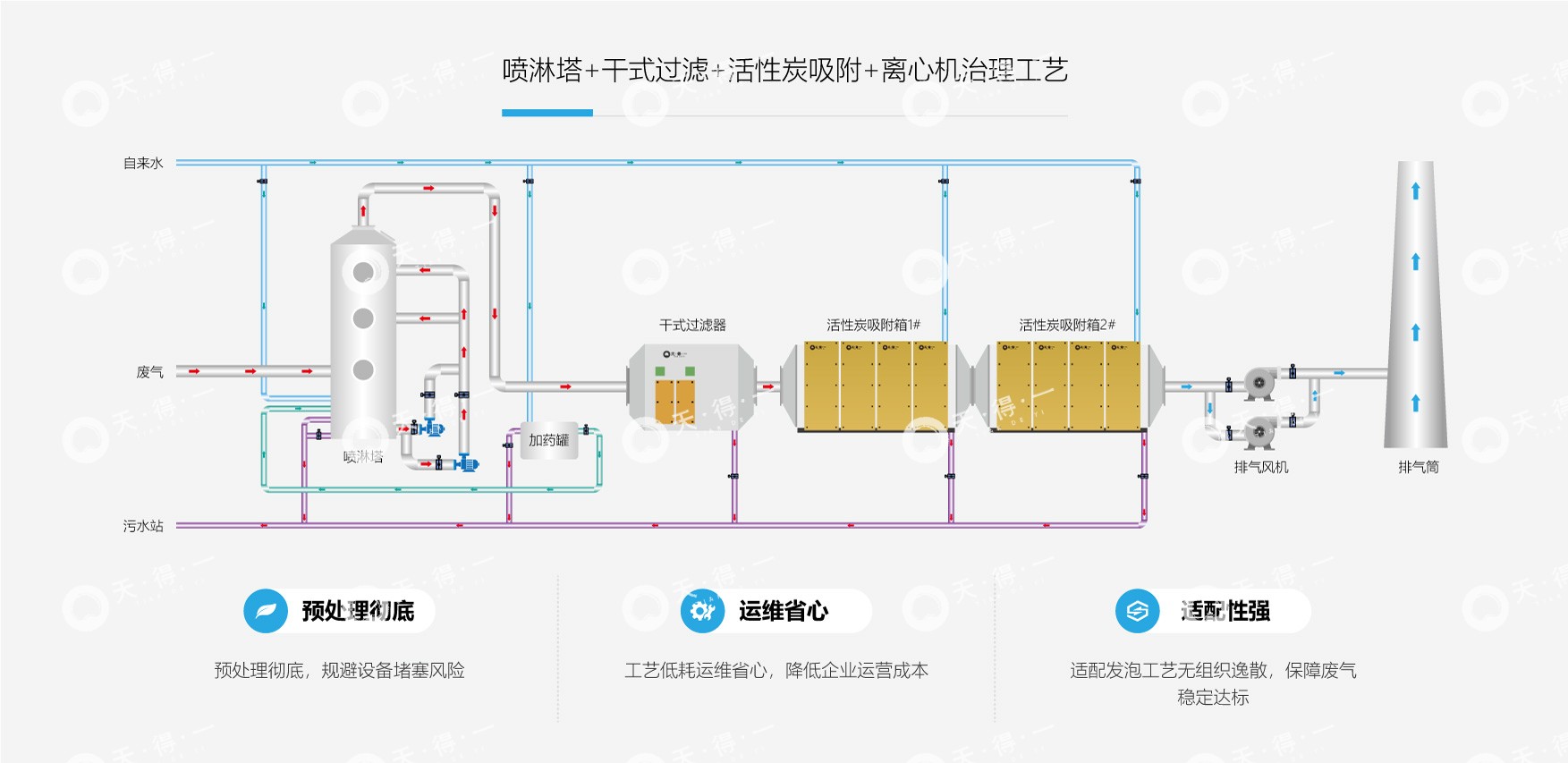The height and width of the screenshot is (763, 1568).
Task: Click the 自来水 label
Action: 143,164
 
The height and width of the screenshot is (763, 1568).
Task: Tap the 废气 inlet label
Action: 149,372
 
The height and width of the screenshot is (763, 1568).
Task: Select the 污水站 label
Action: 143,526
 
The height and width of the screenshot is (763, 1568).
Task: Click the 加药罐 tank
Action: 548,440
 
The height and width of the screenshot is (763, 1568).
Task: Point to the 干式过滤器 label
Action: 692,325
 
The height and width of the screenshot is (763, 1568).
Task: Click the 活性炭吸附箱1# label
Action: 873,325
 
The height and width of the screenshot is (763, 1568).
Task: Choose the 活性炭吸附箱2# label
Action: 1066,325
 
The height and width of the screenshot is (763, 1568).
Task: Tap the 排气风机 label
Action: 1260,467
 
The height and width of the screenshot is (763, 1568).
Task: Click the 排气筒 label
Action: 1419,467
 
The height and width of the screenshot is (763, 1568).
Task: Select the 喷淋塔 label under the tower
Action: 363,457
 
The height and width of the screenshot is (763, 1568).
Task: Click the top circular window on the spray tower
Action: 363,272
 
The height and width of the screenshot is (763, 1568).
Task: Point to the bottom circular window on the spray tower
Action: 363,369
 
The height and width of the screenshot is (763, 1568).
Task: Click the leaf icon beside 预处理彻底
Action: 266,611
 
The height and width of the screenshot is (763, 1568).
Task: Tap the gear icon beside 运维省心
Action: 702,611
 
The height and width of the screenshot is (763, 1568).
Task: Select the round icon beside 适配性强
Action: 1137,611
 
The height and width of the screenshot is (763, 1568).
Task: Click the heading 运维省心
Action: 784,611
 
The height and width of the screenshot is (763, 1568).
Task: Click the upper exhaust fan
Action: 1259,384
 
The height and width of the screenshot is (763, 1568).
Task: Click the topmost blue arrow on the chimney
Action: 1415,191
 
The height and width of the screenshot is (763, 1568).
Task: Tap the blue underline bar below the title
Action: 547,113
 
